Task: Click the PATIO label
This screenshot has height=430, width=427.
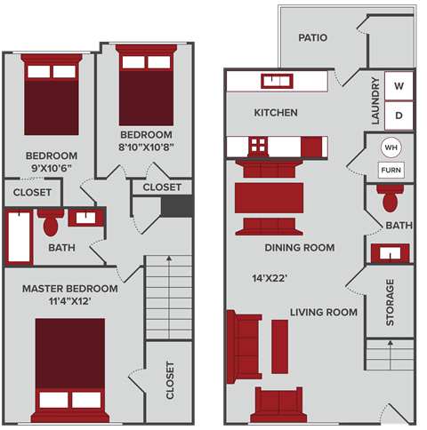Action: [312, 38]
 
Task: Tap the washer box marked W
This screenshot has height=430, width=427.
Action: [399, 86]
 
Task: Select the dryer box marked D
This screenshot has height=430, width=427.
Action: [399, 115]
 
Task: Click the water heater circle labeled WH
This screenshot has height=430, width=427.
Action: [390, 147]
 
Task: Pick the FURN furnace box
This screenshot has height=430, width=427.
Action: [390, 170]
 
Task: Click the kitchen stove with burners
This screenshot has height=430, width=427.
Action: [257, 145]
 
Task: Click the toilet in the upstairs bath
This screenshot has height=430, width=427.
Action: [51, 221]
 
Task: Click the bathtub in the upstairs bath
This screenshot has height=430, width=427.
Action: [19, 237]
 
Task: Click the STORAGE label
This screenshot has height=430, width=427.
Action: [390, 302]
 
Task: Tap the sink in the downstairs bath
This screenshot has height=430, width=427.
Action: [390, 253]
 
